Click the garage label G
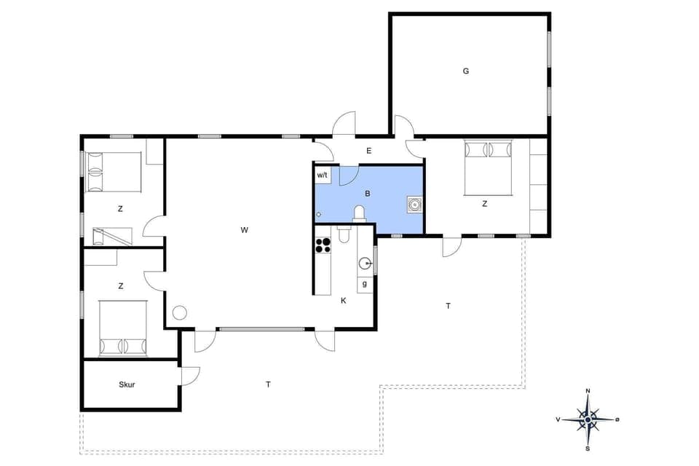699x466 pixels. pyautogui.click(x=465, y=71)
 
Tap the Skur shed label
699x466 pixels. pyautogui.click(x=127, y=384)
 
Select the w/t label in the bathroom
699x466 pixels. pyautogui.click(x=323, y=175)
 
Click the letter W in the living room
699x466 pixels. pyautogui.click(x=245, y=230)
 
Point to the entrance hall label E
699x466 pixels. pyautogui.click(x=369, y=151)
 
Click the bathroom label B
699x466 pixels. pyautogui.click(x=368, y=194)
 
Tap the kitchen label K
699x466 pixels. pyautogui.click(x=343, y=299)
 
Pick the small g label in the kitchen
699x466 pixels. pyautogui.click(x=364, y=283)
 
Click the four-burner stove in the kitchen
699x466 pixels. pyautogui.click(x=323, y=244)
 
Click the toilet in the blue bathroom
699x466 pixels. pyautogui.click(x=358, y=213)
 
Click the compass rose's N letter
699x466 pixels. pyautogui.click(x=588, y=392)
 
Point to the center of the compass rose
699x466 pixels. pyautogui.click(x=588, y=419)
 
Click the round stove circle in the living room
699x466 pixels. pyautogui.click(x=178, y=313)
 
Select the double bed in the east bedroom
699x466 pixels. pyautogui.click(x=488, y=161)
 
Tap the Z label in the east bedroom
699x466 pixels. pyautogui.click(x=484, y=204)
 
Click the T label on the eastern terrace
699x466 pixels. pyautogui.click(x=448, y=306)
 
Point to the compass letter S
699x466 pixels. pyautogui.click(x=588, y=448)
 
